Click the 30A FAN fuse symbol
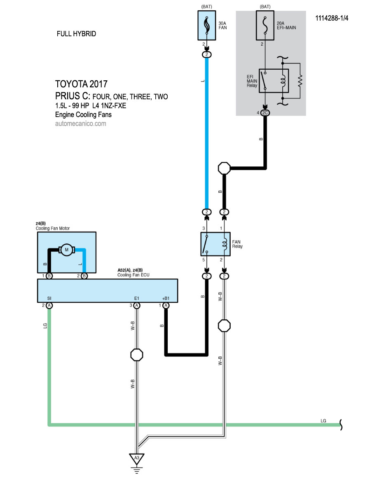click(x=207, y=25)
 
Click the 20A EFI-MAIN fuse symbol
click(x=262, y=25)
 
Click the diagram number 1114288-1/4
click(x=332, y=19)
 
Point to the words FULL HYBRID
click(x=76, y=34)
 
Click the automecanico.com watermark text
click(x=80, y=123)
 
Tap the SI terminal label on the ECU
click(x=49, y=297)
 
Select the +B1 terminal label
click(x=165, y=297)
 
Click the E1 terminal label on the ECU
click(x=136, y=297)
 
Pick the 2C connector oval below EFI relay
click(x=265, y=112)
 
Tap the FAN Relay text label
click(x=237, y=244)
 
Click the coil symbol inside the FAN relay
click(x=225, y=244)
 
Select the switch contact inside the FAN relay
click(x=206, y=244)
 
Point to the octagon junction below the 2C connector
click(x=224, y=168)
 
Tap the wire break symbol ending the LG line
click(x=341, y=424)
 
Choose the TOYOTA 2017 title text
click(x=81, y=84)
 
